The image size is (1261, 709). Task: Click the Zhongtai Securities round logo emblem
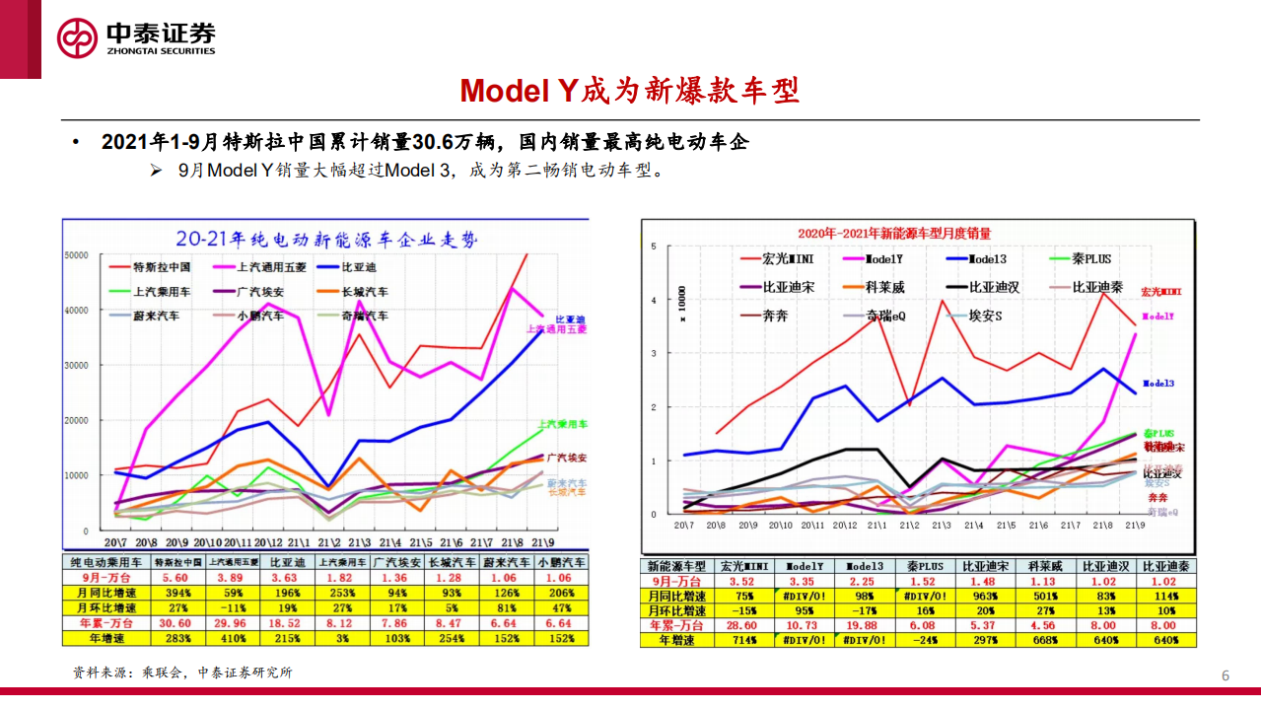tap(77, 38)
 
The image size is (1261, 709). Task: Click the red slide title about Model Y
tap(629, 91)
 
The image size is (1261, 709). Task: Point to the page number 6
tap(1226, 675)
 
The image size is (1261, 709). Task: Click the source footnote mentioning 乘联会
tap(182, 673)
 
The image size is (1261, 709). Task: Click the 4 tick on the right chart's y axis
tap(653, 300)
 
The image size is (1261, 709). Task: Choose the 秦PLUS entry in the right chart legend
tap(1085, 259)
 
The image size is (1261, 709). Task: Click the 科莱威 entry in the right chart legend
tap(883, 288)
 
